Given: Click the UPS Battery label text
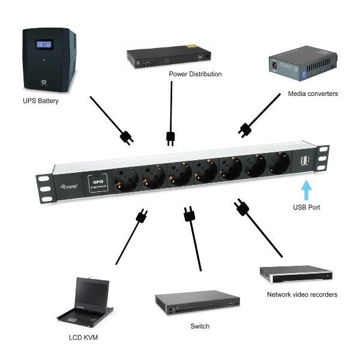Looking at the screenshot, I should [40, 101].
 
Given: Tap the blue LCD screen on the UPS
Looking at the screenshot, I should [44, 45].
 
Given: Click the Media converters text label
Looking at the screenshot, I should [313, 94].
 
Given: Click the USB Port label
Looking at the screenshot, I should [307, 208].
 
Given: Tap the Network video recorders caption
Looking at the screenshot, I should [302, 295].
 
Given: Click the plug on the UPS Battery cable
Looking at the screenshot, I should [127, 138].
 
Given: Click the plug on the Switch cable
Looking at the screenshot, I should [189, 213].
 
